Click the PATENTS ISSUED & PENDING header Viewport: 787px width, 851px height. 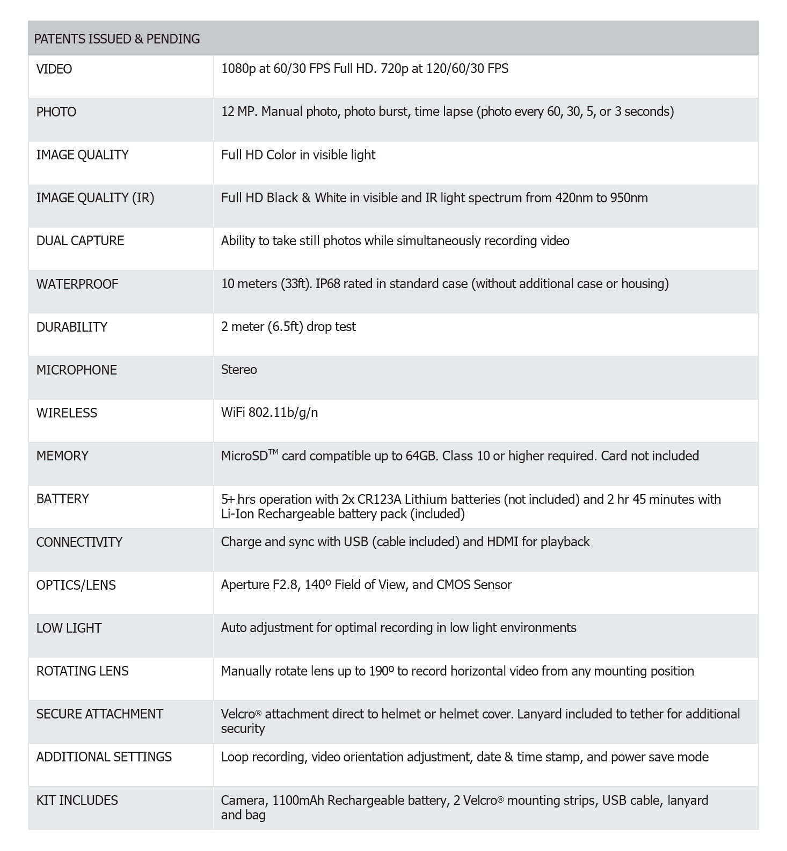click(x=117, y=39)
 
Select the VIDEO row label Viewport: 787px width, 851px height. click(x=54, y=69)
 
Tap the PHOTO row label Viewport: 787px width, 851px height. click(x=56, y=112)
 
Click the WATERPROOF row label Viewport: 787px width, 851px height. click(x=77, y=284)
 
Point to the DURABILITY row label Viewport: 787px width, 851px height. click(x=72, y=327)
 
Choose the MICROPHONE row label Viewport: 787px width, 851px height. click(x=77, y=370)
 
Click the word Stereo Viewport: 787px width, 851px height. click(x=239, y=370)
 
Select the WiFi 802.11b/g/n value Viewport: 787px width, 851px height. click(x=269, y=413)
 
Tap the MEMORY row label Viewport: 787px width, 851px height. click(x=62, y=456)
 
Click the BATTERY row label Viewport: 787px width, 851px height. click(x=63, y=499)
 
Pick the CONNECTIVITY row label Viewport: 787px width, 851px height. click(x=79, y=542)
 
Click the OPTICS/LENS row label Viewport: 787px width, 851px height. click(x=76, y=585)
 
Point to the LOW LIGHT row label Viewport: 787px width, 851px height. click(x=69, y=628)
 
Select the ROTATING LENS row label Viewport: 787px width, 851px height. click(x=83, y=671)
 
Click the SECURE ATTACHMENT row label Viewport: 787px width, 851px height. click(x=100, y=714)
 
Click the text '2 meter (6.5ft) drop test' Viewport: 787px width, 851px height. click(x=288, y=327)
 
